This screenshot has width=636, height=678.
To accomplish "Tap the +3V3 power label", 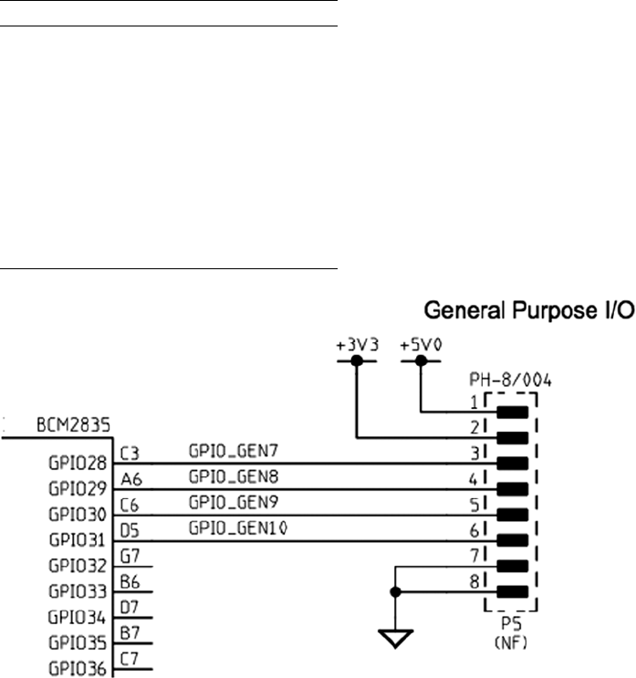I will pyautogui.click(x=357, y=346).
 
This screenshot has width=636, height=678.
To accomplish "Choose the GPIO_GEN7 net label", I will pyautogui.click(x=222, y=451).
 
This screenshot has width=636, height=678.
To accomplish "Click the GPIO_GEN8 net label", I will pyautogui.click(x=222, y=475).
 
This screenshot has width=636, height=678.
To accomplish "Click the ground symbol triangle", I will pyautogui.click(x=395, y=637).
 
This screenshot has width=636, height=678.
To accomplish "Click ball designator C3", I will pyautogui.click(x=130, y=451).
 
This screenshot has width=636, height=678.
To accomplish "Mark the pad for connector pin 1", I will pyautogui.click(x=514, y=412).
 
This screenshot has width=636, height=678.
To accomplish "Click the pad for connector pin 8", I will pyautogui.click(x=514, y=590).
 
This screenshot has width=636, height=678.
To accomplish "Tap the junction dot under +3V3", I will pyautogui.click(x=357, y=361).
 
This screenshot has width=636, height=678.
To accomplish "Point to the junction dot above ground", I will pyautogui.click(x=395, y=590).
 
